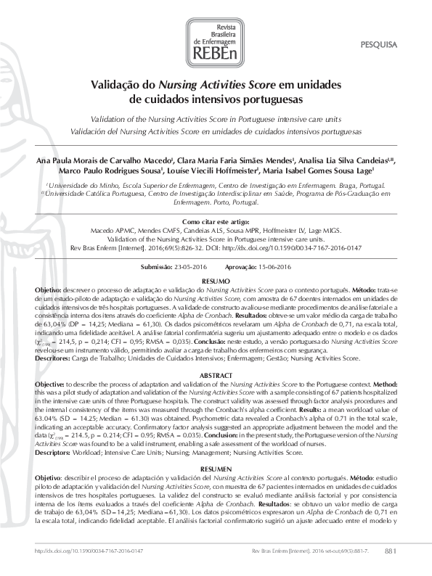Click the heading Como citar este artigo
pos(215,221)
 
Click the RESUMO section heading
pos(215,279)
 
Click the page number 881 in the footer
pos(390,552)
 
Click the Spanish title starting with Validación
pos(215,133)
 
